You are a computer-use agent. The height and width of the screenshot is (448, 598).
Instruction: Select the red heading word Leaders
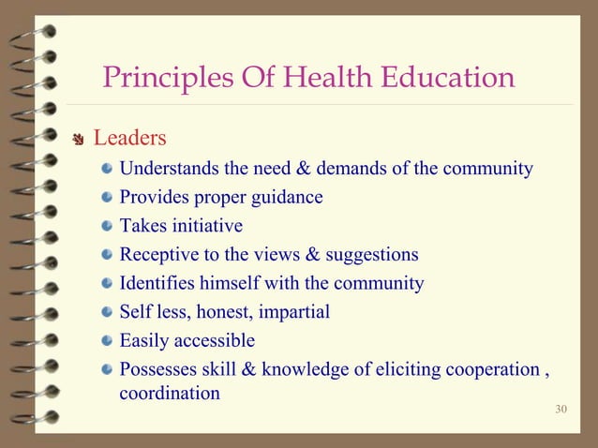coord(130,139)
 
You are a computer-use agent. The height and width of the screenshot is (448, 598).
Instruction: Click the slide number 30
coord(561,409)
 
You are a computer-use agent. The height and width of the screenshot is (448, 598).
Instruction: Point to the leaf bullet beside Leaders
coord(80,141)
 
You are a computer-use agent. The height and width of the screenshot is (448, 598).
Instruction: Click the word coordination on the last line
coord(170,394)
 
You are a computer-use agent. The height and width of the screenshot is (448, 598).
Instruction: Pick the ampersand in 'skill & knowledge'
coord(249,368)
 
